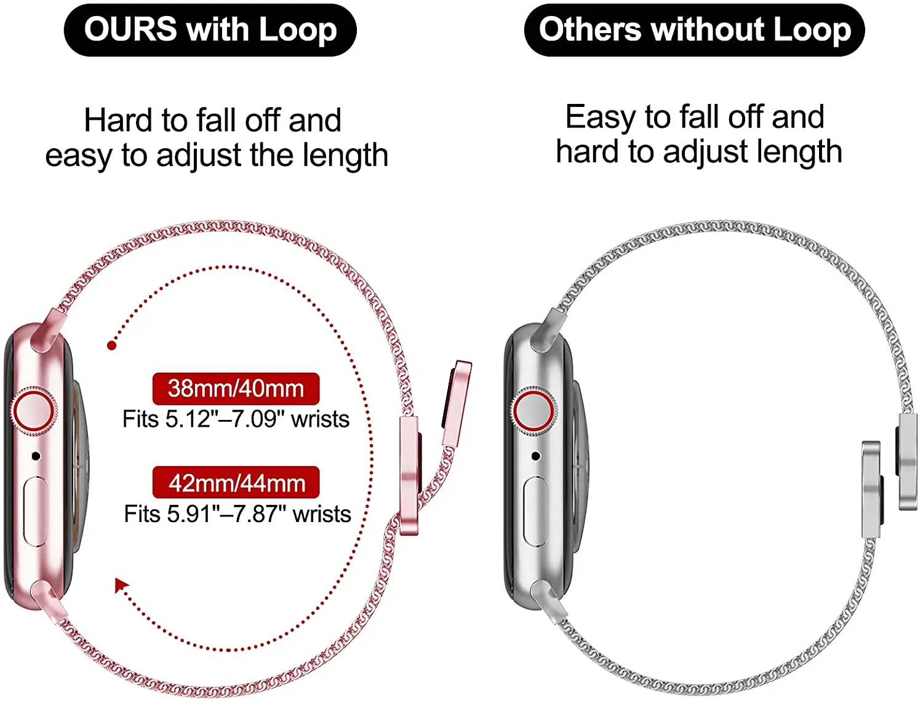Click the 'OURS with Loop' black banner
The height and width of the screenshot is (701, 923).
pyautogui.click(x=210, y=30)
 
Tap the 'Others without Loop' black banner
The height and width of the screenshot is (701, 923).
pyautogui.click(x=694, y=30)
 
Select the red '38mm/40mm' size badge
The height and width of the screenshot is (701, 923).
pyautogui.click(x=236, y=389)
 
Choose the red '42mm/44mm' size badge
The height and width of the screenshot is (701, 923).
pyautogui.click(x=236, y=483)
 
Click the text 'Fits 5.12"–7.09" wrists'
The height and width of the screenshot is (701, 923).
pyautogui.click(x=236, y=419)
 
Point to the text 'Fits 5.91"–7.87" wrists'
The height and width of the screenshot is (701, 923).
pyautogui.click(x=238, y=514)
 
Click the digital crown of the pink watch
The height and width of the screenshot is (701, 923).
pyautogui.click(x=33, y=411)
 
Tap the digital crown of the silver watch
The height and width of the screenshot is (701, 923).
pyautogui.click(x=533, y=411)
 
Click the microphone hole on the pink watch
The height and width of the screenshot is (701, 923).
pyautogui.click(x=36, y=456)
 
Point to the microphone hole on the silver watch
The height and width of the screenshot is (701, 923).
pyautogui.click(x=536, y=456)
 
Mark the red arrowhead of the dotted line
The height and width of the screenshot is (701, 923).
pyautogui.click(x=121, y=585)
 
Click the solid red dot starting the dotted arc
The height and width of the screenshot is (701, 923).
pyautogui.click(x=111, y=346)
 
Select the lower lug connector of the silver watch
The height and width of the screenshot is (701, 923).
pyautogui.click(x=550, y=600)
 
